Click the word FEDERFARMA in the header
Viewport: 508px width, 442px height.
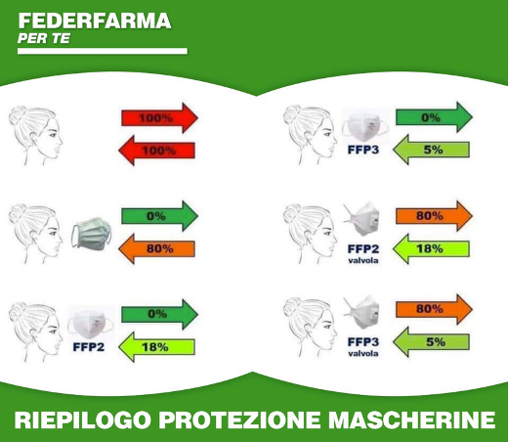click(x=95, y=21)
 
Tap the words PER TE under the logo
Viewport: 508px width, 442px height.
click(x=44, y=38)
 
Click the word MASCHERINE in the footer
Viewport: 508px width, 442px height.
click(x=411, y=420)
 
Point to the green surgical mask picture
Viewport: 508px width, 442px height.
click(x=92, y=234)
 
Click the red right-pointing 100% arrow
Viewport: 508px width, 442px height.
click(x=159, y=117)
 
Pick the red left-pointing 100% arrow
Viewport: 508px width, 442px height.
click(x=156, y=151)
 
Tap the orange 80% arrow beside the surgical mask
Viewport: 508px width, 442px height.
click(x=156, y=248)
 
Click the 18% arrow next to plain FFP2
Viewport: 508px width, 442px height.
click(x=156, y=347)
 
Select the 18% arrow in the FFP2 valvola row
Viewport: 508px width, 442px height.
click(x=431, y=248)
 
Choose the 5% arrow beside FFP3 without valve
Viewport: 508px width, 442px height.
click(x=431, y=150)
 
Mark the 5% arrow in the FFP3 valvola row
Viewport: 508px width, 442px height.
click(x=431, y=342)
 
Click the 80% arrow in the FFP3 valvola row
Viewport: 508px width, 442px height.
click(x=434, y=309)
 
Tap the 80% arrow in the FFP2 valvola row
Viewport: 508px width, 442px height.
click(x=434, y=216)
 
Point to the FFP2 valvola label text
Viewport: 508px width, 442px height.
click(x=363, y=253)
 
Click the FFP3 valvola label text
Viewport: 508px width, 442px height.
click(x=363, y=346)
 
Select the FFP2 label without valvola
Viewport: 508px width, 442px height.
click(x=89, y=347)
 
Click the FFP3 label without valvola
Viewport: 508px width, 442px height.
click(x=363, y=150)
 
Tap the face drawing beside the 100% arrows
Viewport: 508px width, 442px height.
click(x=35, y=135)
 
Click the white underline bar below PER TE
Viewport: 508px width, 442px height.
click(x=103, y=51)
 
